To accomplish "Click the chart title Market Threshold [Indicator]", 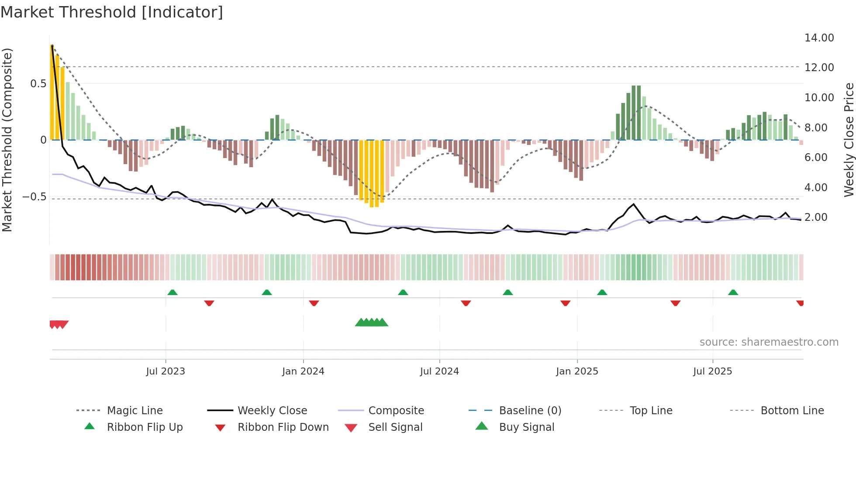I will [112, 12].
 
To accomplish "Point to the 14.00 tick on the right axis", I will [819, 38].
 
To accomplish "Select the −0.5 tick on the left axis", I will [35, 197].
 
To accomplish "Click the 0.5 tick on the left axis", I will [38, 84].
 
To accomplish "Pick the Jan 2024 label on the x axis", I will [303, 371].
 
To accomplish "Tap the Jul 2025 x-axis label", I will [712, 371].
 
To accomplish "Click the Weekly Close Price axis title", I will [849, 140].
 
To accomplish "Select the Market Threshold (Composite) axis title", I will [7, 140].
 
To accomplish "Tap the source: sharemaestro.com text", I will [769, 342].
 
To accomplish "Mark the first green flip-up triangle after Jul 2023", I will [173, 292].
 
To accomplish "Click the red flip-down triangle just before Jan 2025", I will [565, 303].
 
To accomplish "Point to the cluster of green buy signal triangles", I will [372, 323].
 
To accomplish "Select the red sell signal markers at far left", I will [59, 324].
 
